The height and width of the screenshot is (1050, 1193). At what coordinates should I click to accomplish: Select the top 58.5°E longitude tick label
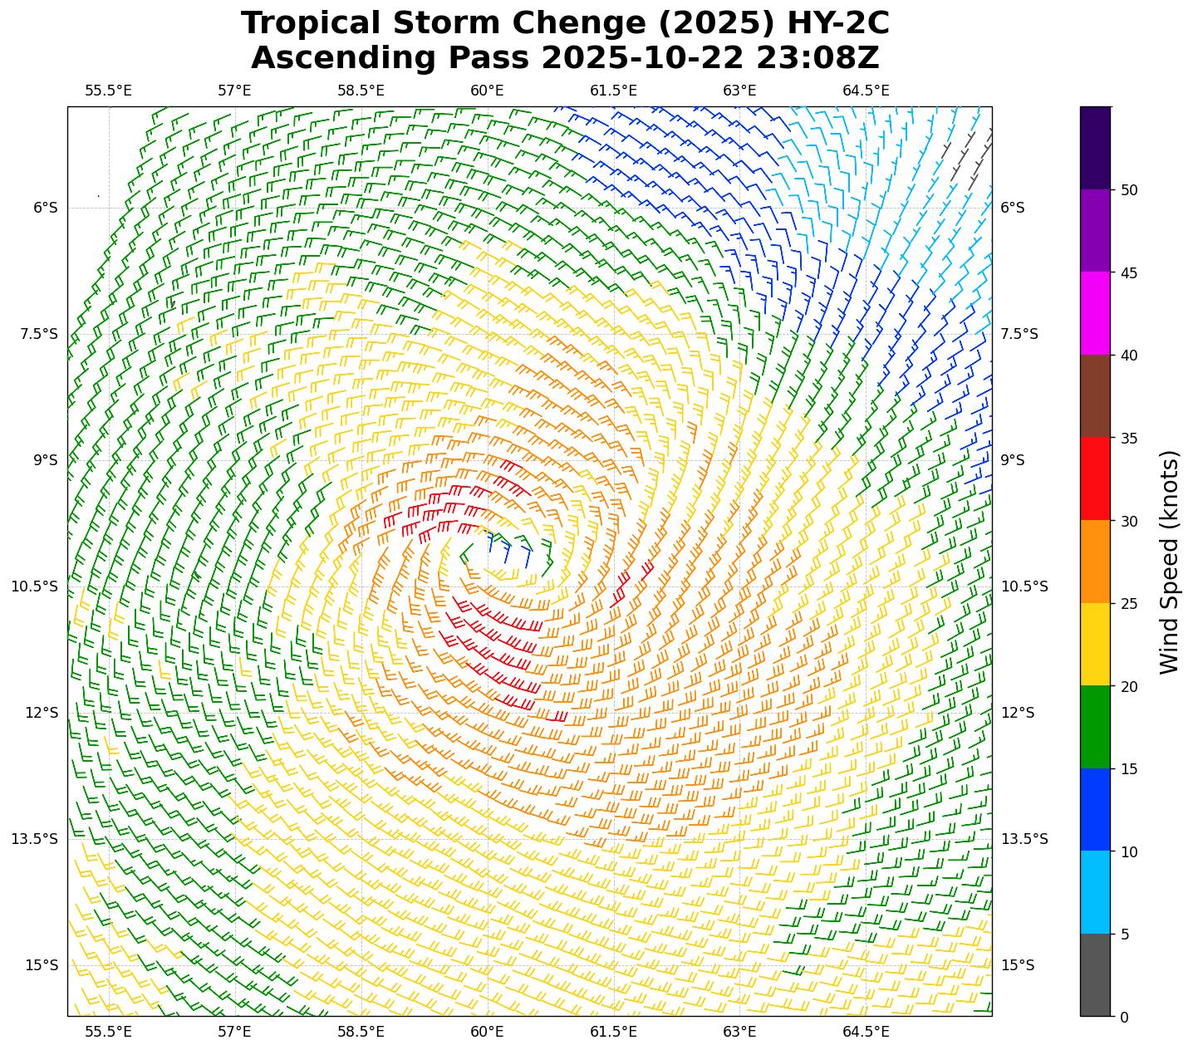tap(361, 91)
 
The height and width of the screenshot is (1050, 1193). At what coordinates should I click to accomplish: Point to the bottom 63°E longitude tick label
tap(739, 1032)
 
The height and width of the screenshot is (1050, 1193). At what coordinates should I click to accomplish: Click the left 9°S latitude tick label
tap(45, 460)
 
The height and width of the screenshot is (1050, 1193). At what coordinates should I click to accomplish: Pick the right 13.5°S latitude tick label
tap(1024, 839)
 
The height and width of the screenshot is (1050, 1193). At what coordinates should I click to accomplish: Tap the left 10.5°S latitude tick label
tap(34, 586)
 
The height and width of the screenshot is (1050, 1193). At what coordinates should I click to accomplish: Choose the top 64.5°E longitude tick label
tap(866, 91)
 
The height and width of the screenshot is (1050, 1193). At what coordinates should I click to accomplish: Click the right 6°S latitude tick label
tap(1012, 208)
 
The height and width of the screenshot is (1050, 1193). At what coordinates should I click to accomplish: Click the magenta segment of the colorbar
tap(1095, 313)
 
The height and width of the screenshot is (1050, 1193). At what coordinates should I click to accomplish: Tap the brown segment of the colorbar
tap(1095, 396)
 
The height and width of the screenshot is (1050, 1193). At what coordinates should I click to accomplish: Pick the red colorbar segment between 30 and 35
tap(1095, 478)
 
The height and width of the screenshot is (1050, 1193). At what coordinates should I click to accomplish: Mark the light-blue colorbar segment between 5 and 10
tap(1095, 892)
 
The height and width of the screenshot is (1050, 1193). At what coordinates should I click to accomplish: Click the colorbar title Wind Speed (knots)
tap(1169, 562)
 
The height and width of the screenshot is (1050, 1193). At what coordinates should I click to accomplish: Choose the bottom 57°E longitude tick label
tap(235, 1032)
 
